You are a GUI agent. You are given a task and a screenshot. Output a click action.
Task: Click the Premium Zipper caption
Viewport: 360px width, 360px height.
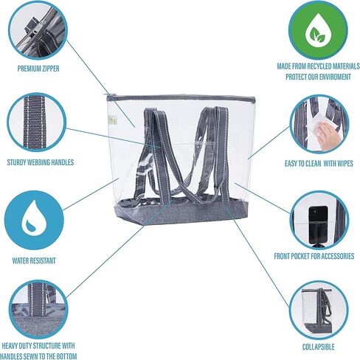click(x=38, y=69)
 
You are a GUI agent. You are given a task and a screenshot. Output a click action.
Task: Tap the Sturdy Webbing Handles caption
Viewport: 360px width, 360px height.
click(x=41, y=162)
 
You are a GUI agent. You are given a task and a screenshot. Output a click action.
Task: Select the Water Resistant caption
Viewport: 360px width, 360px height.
click(x=34, y=260)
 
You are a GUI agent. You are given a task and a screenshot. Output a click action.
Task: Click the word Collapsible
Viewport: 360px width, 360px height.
click(x=318, y=347)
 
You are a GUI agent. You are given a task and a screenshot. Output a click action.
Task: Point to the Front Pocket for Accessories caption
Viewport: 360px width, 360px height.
click(x=314, y=256)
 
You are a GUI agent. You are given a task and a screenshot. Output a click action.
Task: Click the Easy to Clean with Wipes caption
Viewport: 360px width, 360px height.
click(x=319, y=164)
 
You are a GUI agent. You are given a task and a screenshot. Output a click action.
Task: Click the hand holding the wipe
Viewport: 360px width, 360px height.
click(x=328, y=135)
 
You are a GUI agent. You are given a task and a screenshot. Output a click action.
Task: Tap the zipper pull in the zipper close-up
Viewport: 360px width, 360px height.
click(x=30, y=27)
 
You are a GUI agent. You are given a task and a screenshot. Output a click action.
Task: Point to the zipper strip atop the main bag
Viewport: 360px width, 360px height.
click(x=181, y=97)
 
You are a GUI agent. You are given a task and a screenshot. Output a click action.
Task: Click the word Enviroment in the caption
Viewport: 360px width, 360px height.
click(x=336, y=77)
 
